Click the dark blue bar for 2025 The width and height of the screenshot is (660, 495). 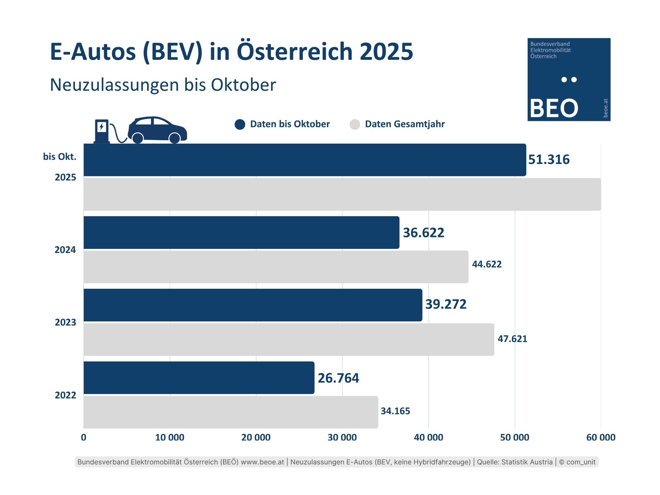click(305, 160)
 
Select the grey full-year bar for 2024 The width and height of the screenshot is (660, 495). click(276, 267)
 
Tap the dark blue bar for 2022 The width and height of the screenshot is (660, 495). click(199, 377)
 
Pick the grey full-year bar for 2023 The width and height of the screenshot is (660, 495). click(289, 339)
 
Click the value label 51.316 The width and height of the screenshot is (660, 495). click(549, 159)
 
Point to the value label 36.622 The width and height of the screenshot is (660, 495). click(423, 233)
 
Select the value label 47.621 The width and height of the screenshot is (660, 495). click(512, 339)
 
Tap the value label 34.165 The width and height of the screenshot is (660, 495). click(395, 411)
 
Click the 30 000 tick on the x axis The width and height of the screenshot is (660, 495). click(342, 437)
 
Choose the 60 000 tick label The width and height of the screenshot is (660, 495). click(601, 437)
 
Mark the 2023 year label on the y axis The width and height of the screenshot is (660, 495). click(65, 322)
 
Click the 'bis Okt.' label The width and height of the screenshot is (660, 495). click(60, 157)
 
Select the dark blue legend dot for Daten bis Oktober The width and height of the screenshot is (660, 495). click(240, 124)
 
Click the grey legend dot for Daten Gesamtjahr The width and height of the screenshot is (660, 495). click(355, 124)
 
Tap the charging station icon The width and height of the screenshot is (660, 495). click(102, 131)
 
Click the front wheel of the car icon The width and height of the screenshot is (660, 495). click(175, 138)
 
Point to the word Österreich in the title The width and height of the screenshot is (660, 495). click(295, 52)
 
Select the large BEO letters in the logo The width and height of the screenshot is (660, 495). click(553, 108)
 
